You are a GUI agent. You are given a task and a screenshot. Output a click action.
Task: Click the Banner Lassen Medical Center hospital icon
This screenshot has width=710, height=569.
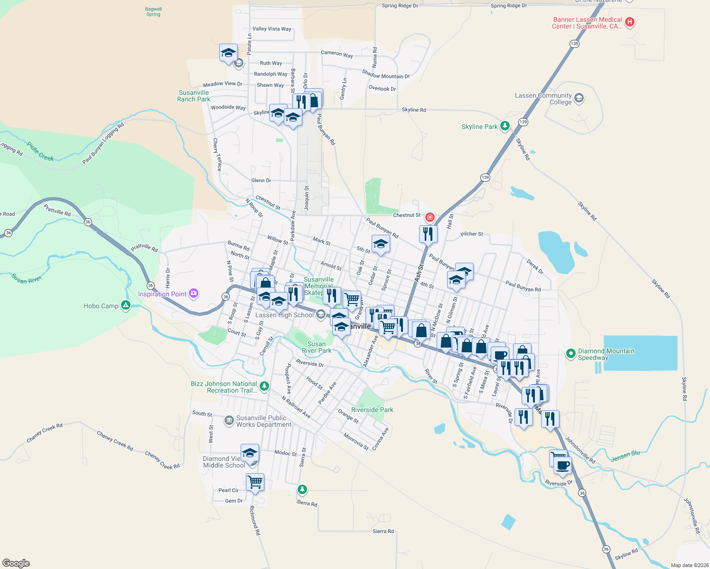[630, 22]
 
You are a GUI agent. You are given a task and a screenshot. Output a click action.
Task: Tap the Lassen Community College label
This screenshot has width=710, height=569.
[543, 99]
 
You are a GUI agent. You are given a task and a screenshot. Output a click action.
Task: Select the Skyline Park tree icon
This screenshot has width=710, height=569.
[505, 126]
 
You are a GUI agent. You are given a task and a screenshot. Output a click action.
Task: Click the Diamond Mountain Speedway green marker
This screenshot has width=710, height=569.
[571, 353]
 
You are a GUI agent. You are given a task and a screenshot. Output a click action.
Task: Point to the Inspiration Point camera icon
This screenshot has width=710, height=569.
[194, 294]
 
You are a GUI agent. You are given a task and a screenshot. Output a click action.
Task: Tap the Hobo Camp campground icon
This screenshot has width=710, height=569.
[126, 305]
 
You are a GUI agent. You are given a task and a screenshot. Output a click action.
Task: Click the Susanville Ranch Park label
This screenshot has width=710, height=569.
[194, 96]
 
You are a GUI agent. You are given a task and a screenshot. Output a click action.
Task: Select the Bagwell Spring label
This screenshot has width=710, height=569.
[153, 11]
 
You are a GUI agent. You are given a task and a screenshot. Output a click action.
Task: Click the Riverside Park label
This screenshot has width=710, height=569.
[372, 410]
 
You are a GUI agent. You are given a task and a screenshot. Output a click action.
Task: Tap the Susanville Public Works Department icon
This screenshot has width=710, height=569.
[229, 420]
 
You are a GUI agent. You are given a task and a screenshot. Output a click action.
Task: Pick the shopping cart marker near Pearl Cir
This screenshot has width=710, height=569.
[255, 482]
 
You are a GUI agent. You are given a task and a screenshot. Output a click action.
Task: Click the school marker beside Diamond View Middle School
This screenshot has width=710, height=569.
[250, 453]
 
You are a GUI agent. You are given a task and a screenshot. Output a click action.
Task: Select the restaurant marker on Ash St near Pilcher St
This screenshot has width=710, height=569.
[428, 233]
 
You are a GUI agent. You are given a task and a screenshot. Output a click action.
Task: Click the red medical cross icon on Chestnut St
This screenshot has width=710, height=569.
[430, 217]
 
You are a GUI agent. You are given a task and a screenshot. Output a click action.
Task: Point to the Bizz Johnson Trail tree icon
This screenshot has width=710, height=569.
[264, 386]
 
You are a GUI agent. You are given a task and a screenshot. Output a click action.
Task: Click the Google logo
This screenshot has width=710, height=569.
[16, 563]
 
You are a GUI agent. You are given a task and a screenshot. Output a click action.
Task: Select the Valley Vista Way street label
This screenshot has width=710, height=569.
[272, 29]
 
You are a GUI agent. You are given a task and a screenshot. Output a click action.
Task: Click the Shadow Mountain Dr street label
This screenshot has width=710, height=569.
[386, 74]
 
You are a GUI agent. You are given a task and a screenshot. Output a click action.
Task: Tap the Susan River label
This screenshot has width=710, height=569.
[27, 279]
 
